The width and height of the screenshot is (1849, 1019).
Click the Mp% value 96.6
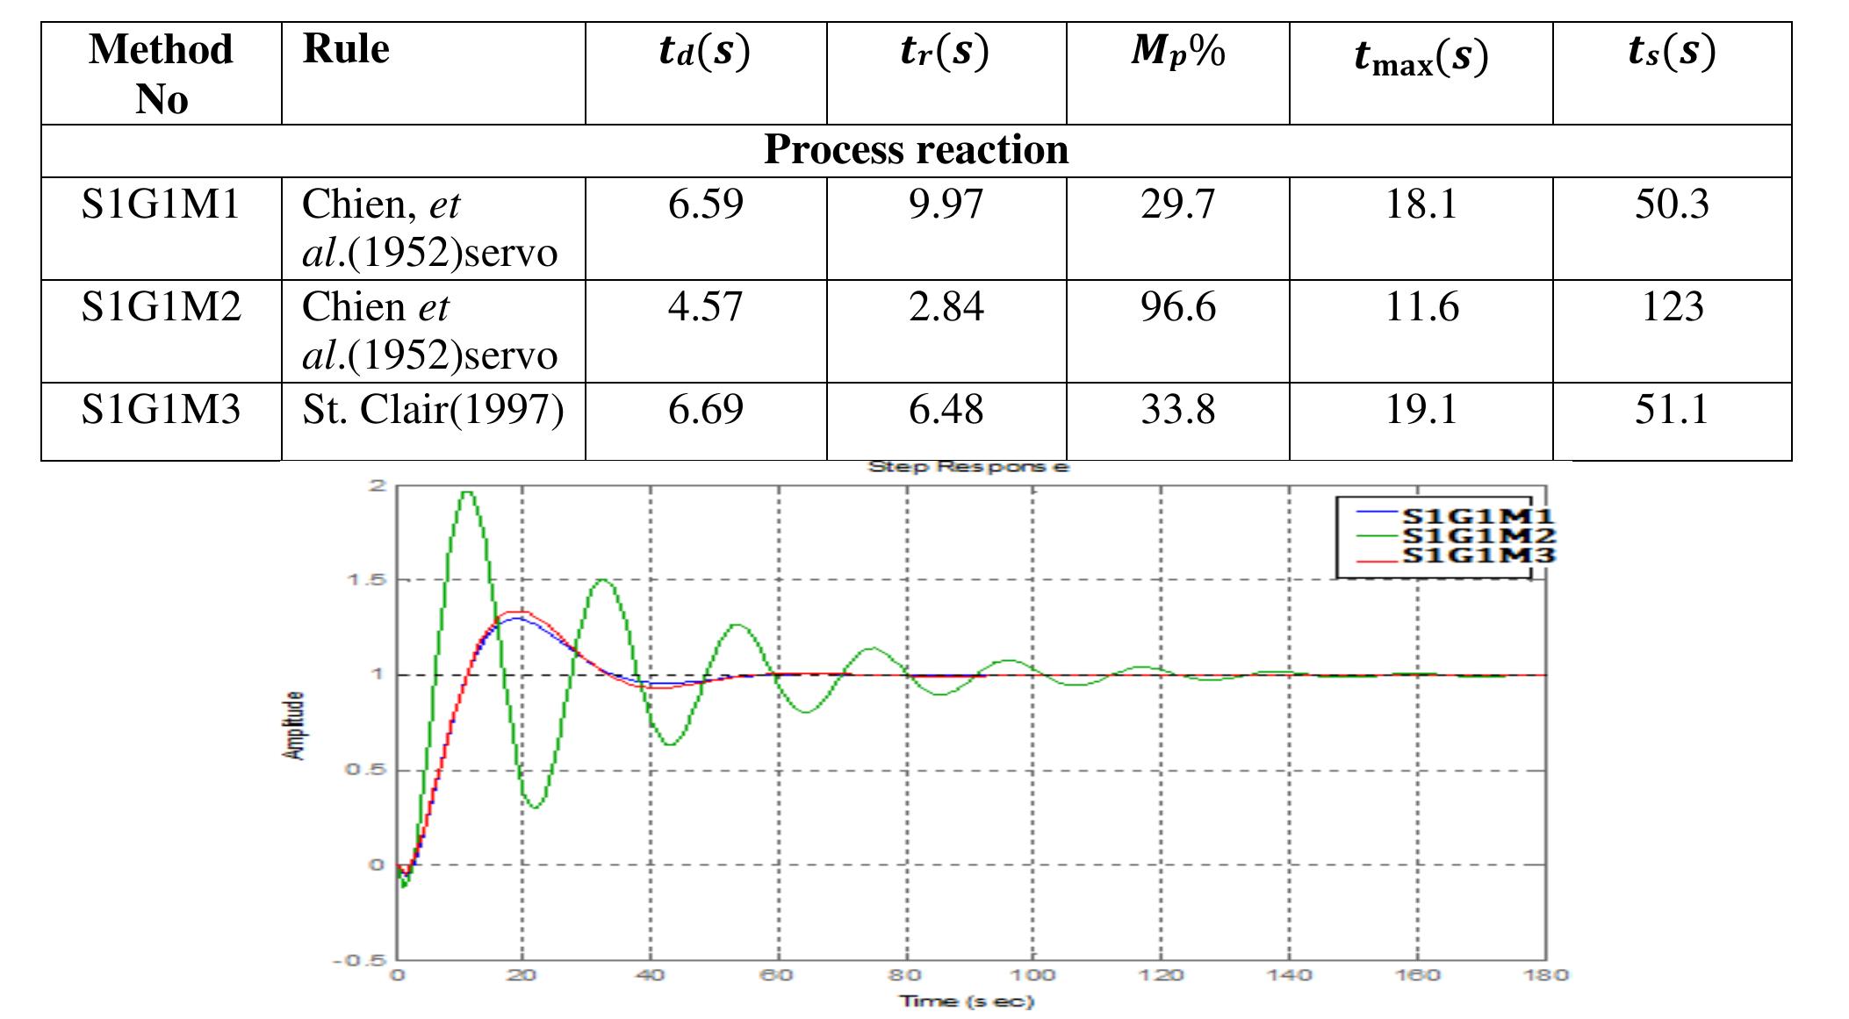coord(1177,307)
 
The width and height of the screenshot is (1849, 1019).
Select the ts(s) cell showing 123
coord(1672,307)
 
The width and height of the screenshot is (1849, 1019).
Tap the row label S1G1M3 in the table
coord(161,410)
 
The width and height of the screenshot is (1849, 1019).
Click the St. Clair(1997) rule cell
coord(433,410)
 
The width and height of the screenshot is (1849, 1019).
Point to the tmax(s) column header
coord(1421,57)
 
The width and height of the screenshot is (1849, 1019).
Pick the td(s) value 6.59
coord(705,205)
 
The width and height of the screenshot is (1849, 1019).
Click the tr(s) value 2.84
coord(946,307)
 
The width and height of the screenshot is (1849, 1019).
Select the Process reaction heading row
coord(916,150)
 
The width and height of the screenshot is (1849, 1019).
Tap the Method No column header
coord(162,73)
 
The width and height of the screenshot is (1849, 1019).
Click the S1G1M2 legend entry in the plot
coord(1478,535)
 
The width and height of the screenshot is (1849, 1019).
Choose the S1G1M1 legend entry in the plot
coord(1478,516)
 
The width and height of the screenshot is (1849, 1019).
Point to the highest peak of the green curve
coord(467,492)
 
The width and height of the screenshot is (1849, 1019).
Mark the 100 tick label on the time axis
coord(1032,975)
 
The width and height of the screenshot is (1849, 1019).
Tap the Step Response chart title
coord(968,466)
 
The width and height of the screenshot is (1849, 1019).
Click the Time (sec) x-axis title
coord(966,1001)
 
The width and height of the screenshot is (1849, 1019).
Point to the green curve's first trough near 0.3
coord(535,807)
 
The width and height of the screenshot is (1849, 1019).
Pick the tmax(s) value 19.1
coord(1421,410)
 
